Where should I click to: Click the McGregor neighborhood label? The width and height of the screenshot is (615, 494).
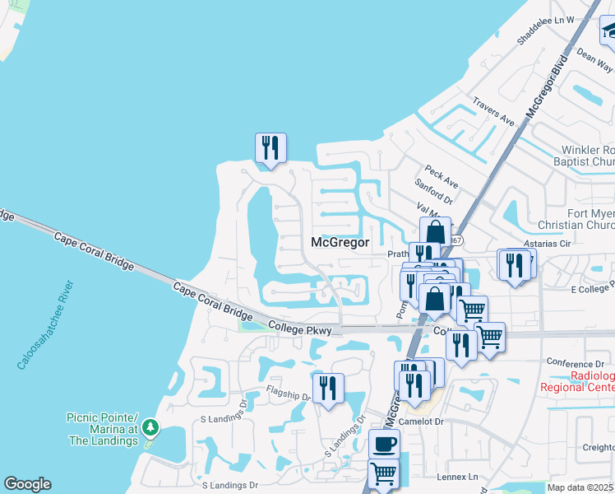click(340, 242)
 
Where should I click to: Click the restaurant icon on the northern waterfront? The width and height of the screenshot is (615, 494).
click(271, 148)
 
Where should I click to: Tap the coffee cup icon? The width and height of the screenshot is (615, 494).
click(384, 445)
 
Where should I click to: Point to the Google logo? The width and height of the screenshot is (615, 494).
click(27, 484)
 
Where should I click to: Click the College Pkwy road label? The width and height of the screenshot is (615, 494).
click(299, 330)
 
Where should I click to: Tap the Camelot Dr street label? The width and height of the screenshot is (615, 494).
click(421, 421)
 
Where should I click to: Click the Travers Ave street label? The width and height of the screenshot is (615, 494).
click(493, 111)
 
